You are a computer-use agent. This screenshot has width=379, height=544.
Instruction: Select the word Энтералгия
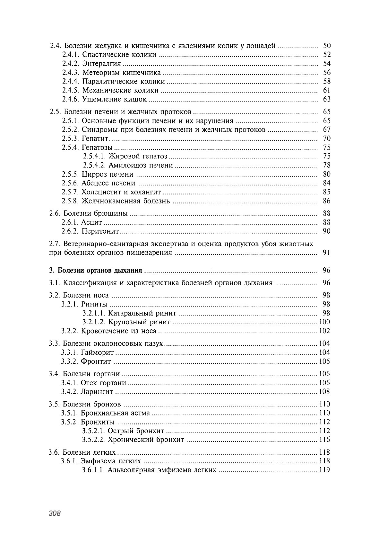coord(101,64)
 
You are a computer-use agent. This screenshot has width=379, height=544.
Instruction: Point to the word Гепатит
coord(96,139)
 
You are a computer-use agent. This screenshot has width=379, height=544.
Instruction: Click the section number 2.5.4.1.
coord(94,156)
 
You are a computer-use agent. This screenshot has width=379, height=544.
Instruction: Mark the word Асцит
coord(91,222)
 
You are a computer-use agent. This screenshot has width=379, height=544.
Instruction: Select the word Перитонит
coord(100,231)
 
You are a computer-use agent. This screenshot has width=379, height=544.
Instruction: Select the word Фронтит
coord(96,361)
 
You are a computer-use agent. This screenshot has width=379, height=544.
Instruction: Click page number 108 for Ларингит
coord(324,392)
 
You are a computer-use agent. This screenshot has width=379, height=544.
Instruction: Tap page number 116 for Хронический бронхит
coord(324,440)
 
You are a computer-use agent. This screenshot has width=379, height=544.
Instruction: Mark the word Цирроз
coord(95,174)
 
